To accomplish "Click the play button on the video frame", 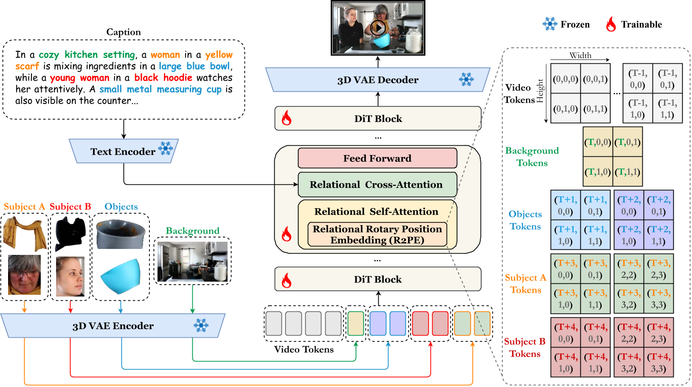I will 377,28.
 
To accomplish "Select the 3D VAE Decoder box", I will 377,80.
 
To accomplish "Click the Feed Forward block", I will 377,158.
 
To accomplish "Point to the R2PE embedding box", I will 377,234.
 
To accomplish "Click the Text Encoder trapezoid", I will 123,152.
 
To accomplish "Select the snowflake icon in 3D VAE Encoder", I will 201,325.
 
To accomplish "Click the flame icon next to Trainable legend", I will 611,24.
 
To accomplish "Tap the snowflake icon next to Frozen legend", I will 550,24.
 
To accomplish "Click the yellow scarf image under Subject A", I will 25,232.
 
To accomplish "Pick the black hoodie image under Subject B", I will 70,233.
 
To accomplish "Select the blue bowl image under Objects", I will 121,276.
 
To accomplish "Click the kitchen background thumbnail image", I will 192,262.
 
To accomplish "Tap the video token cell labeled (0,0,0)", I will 565,79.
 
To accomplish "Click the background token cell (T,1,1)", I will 627,172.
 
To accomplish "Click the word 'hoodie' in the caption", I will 177,78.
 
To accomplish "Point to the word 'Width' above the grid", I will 580,55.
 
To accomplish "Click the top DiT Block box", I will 377,119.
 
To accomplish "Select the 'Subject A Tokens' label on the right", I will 525,284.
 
